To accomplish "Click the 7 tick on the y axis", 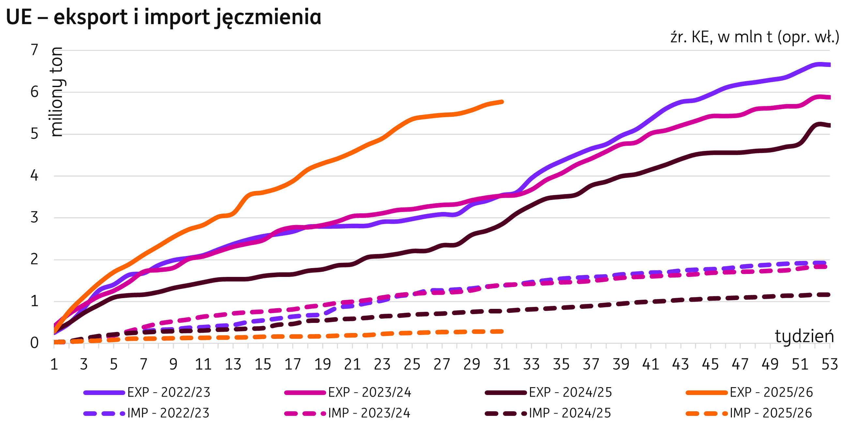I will (34, 50).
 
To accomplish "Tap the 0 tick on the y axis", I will (34, 343).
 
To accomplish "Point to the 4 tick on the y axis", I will (34, 176).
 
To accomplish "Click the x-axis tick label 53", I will (829, 364).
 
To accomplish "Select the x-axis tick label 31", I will (501, 364).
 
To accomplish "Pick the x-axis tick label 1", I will (54, 364).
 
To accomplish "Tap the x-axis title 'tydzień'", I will (804, 337).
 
